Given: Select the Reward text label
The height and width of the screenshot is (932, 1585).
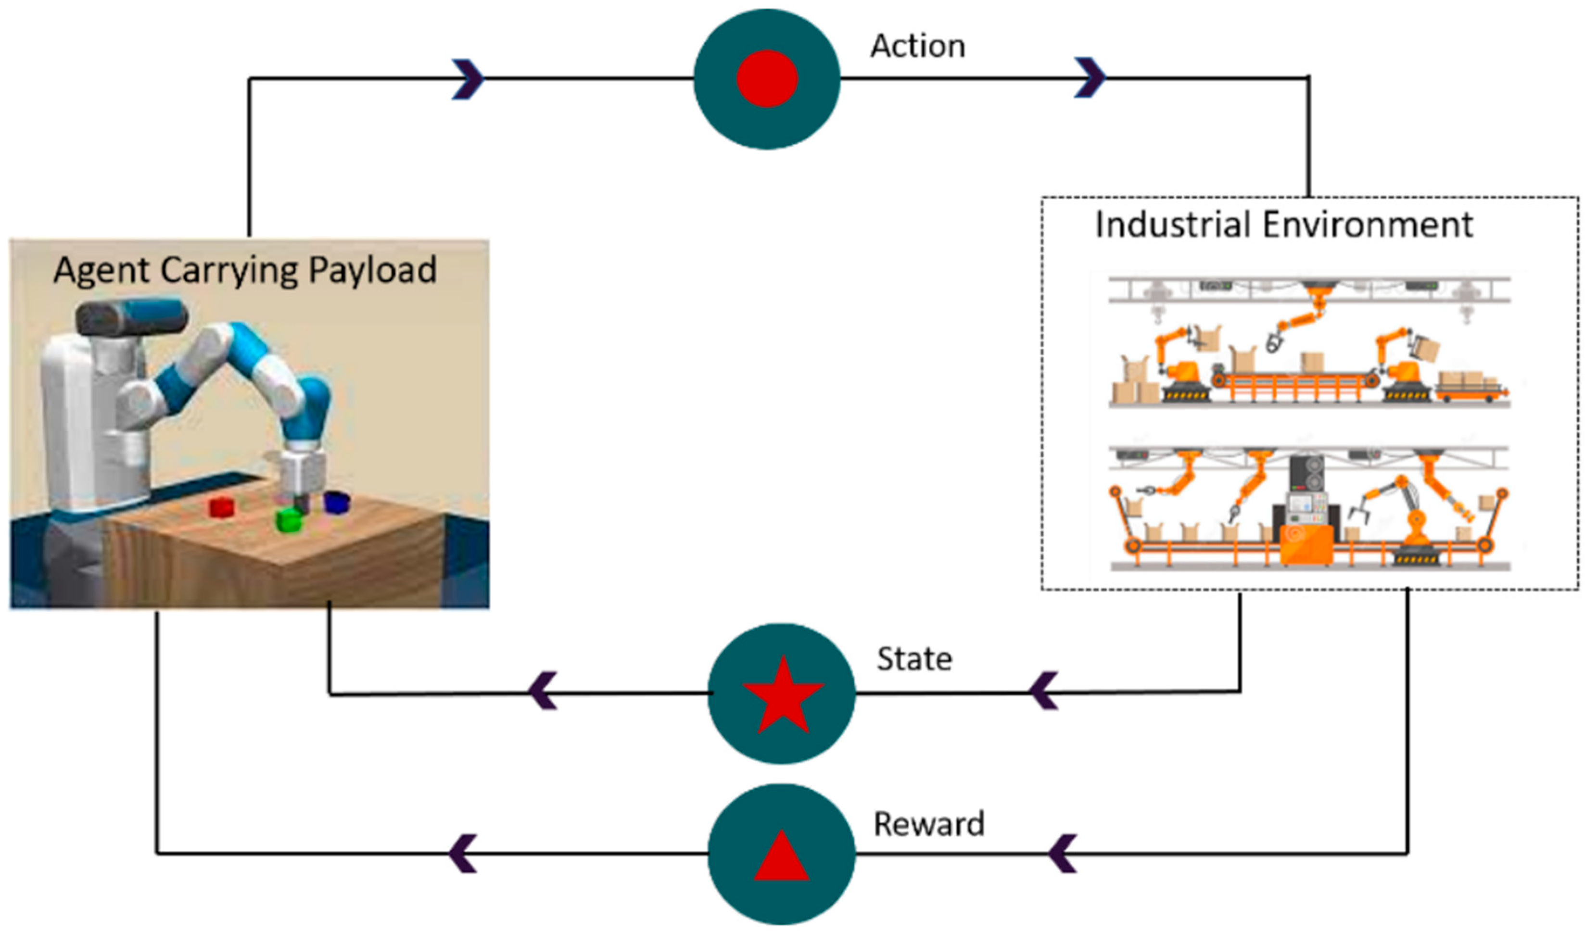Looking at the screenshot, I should [928, 824].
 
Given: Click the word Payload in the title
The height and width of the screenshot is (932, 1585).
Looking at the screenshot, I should [372, 270].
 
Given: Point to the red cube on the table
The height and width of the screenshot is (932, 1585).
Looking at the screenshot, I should [221, 507].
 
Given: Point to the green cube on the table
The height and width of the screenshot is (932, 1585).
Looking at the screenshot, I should [289, 520].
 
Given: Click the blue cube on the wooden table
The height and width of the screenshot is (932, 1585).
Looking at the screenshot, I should [337, 503].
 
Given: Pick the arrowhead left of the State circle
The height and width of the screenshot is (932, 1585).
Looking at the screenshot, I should [544, 691].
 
